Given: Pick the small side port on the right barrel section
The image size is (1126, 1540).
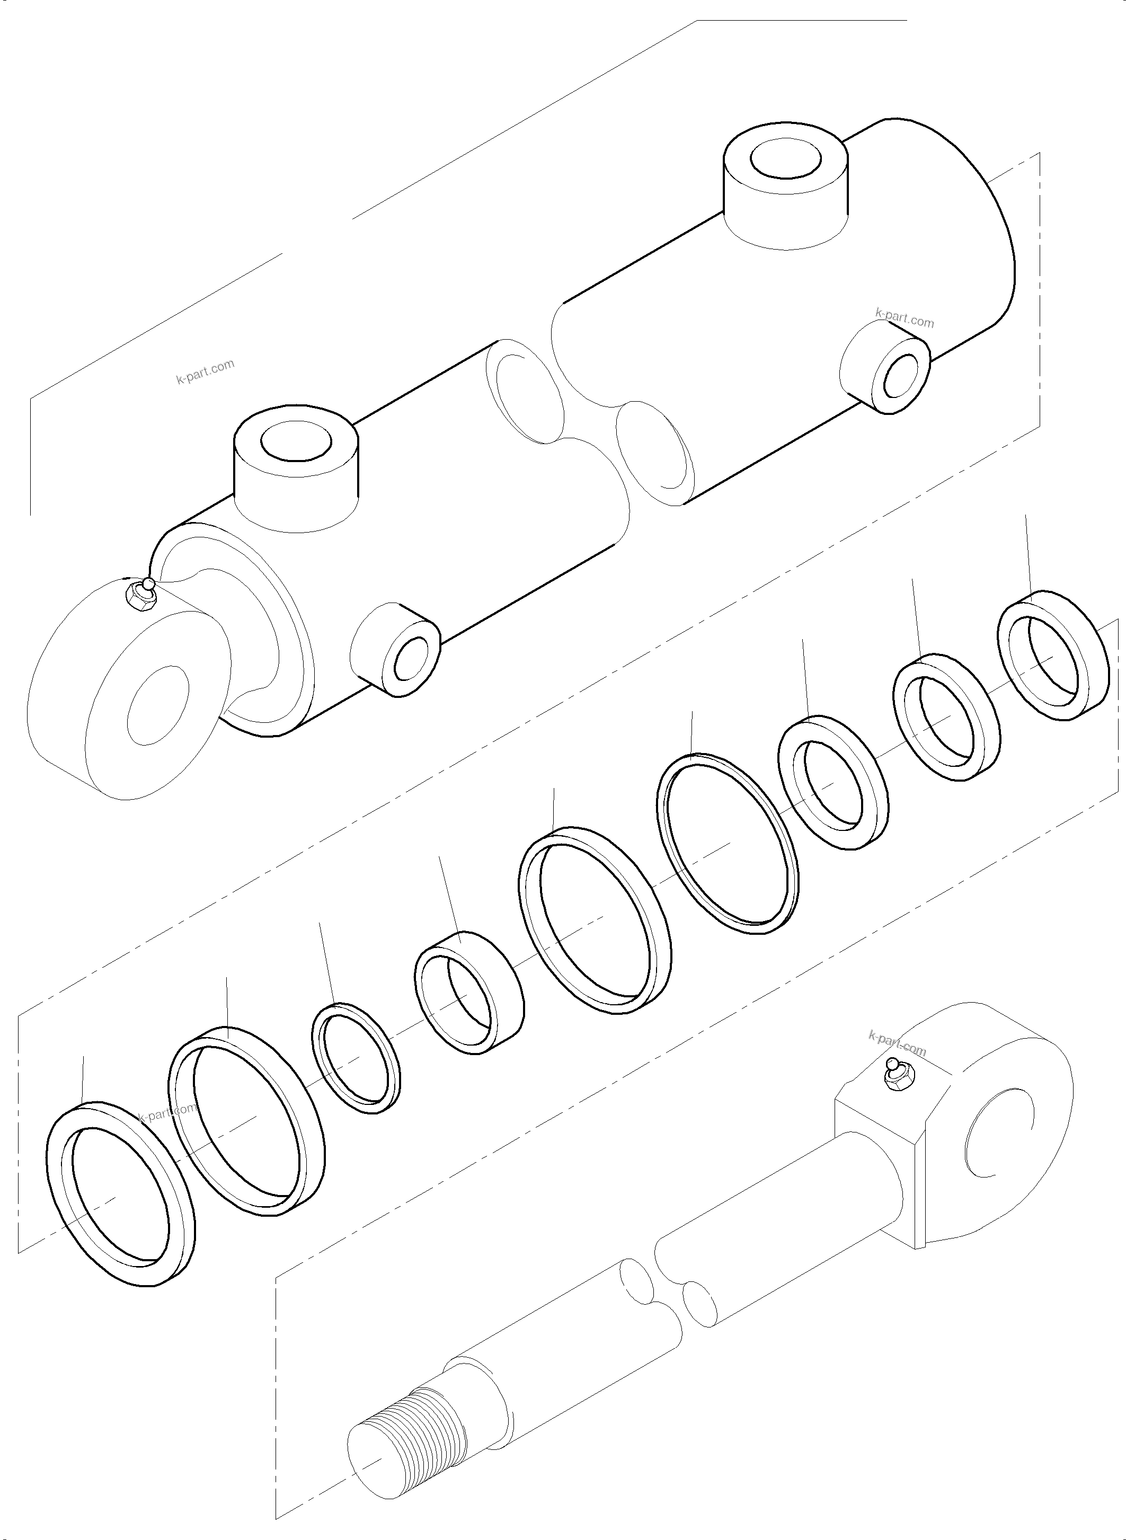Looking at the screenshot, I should click(x=898, y=378).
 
